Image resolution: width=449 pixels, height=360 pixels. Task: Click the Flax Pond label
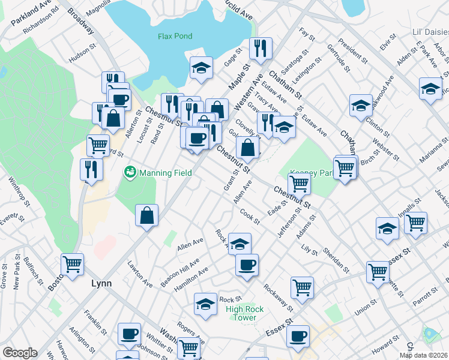click(x=175, y=36)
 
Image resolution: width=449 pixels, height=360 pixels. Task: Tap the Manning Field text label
click(x=166, y=173)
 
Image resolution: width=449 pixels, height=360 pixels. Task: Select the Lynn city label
click(x=101, y=283)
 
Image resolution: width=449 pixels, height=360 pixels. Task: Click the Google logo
click(x=20, y=353)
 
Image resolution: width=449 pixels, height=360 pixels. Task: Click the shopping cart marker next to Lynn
click(x=72, y=264)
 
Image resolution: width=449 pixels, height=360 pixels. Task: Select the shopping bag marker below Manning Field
click(x=146, y=215)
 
